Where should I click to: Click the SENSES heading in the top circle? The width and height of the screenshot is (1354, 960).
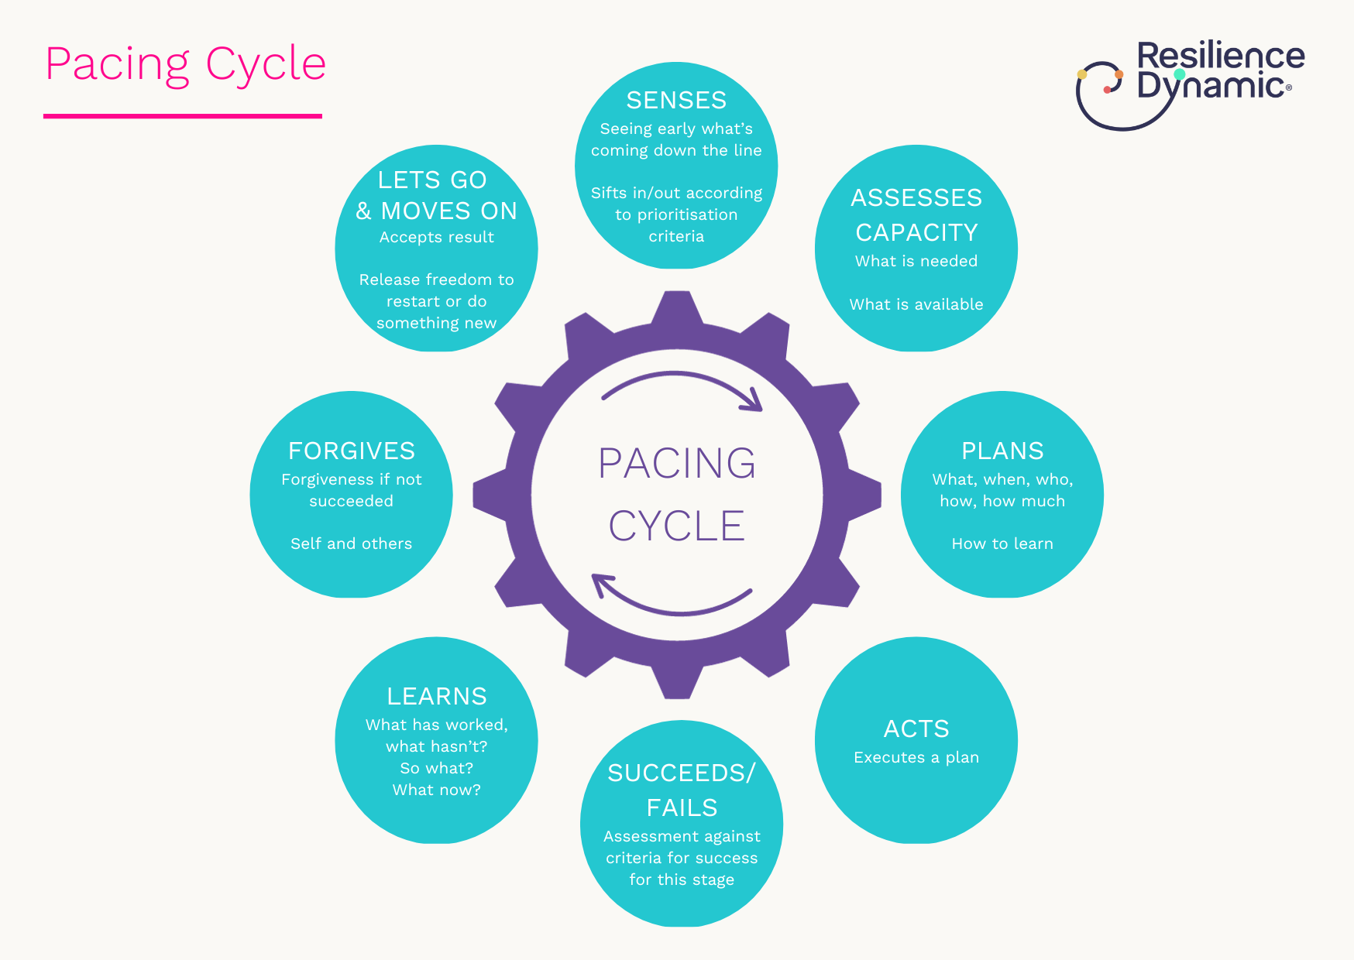click(x=676, y=101)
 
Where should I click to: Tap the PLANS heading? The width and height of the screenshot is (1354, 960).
click(x=1002, y=451)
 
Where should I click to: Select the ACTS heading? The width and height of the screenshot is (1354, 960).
click(x=916, y=729)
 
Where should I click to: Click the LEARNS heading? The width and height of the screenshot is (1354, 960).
click(x=437, y=696)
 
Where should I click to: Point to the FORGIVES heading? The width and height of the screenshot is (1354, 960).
click(x=352, y=451)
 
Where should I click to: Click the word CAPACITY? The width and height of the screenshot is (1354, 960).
click(x=916, y=232)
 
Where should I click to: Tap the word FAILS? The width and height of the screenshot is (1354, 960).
click(x=682, y=807)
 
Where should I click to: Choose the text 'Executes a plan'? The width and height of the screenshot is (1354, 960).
click(x=916, y=757)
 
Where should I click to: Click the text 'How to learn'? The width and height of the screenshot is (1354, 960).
click(x=1002, y=543)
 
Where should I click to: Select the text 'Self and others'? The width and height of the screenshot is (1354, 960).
click(x=352, y=543)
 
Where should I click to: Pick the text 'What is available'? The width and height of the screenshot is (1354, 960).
click(x=916, y=304)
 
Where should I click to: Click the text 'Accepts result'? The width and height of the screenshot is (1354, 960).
click(x=437, y=237)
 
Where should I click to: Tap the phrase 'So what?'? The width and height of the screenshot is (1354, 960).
click(x=437, y=768)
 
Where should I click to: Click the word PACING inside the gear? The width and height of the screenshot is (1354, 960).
click(x=677, y=464)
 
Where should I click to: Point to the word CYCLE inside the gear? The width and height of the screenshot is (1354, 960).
click(x=677, y=526)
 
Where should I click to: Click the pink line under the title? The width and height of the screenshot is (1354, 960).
click(x=183, y=116)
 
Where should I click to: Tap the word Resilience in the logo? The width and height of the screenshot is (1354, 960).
click(x=1221, y=57)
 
